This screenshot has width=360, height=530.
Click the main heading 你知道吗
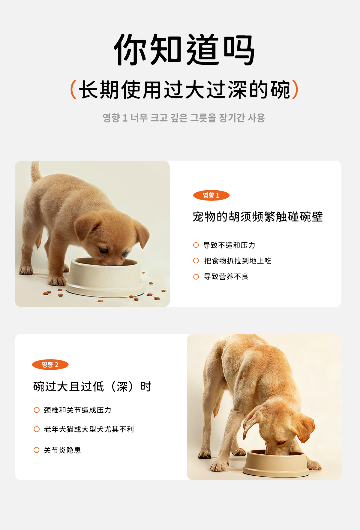pyautogui.click(x=184, y=50)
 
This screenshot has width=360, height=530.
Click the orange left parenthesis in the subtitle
pyautogui.click(x=73, y=89)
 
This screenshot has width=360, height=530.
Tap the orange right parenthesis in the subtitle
pyautogui.click(x=295, y=89)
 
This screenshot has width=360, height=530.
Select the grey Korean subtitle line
pyautogui.click(x=184, y=118)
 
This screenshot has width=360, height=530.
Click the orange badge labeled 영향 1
pyautogui.click(x=211, y=195)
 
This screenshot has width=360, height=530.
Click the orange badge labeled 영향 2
pyautogui.click(x=50, y=365)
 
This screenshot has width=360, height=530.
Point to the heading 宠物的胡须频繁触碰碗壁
pyautogui.click(x=258, y=217)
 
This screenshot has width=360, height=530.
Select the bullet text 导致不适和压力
pyautogui.click(x=229, y=245)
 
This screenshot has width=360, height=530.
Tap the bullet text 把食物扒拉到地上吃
pyautogui.click(x=238, y=261)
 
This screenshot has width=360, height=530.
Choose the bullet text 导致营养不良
pyautogui.click(x=226, y=276)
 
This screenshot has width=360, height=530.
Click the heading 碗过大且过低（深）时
pyautogui.click(x=92, y=387)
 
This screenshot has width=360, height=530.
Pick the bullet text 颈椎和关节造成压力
pyautogui.click(x=78, y=410)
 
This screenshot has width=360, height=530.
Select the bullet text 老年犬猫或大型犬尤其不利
pyautogui.click(x=89, y=429)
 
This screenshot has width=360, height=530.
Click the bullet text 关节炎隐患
pyautogui.click(x=62, y=450)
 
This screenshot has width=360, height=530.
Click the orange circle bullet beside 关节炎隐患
pyautogui.click(x=37, y=450)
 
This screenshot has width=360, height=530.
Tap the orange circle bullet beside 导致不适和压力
pyautogui.click(x=196, y=245)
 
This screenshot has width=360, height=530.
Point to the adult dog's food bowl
pyautogui.click(x=276, y=464)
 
